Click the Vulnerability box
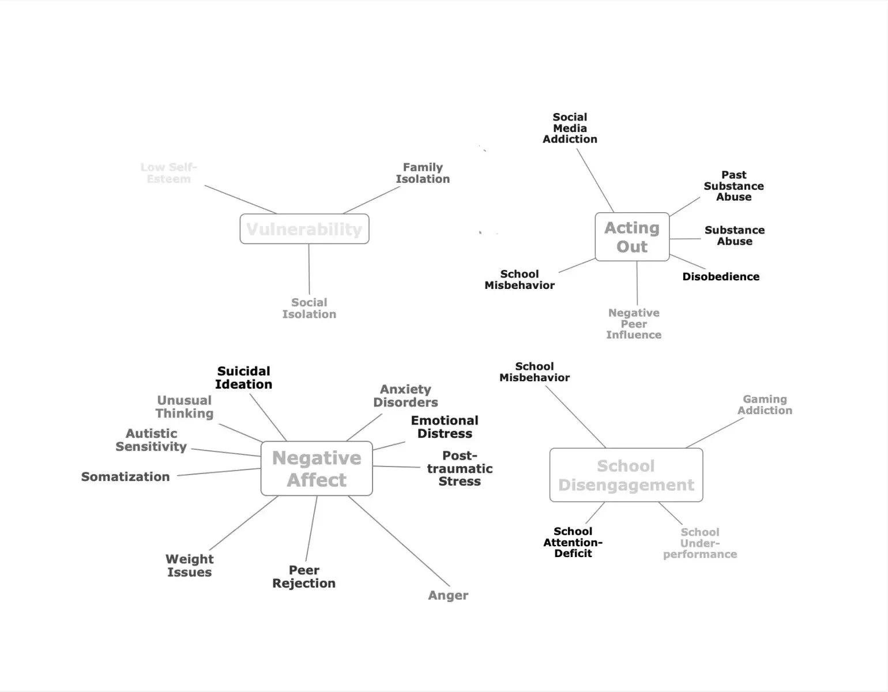(x=304, y=229)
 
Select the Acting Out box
(x=632, y=237)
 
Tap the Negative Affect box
(x=317, y=468)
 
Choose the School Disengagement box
(x=626, y=475)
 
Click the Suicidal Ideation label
(x=244, y=378)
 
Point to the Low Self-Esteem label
(x=168, y=173)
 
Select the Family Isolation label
(x=423, y=173)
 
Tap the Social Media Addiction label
(x=570, y=128)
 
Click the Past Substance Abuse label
(x=733, y=186)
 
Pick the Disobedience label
(x=721, y=277)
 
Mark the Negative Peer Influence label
(x=634, y=324)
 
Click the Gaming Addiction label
(x=765, y=405)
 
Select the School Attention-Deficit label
(x=573, y=542)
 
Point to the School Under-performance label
(x=700, y=543)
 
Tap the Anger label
(x=448, y=596)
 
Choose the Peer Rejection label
(x=304, y=577)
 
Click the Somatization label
(x=126, y=477)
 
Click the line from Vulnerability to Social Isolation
(x=309, y=269)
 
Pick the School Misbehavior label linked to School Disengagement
(x=535, y=372)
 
